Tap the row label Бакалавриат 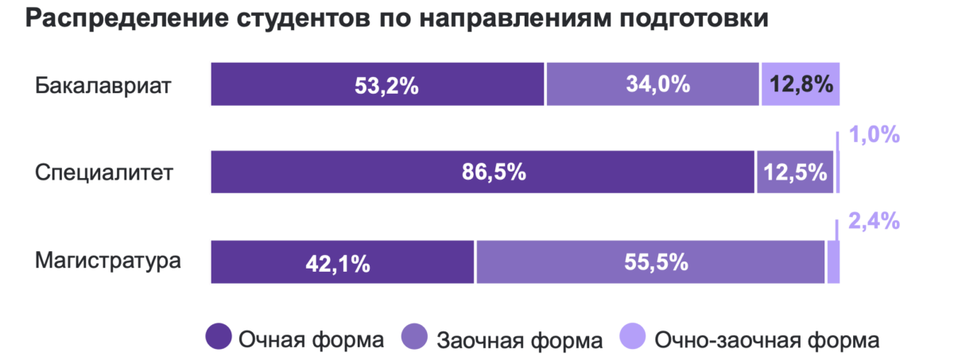[103, 84]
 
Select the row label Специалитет [103, 172]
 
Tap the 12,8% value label [801, 84]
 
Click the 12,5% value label [796, 172]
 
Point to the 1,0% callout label [874, 136]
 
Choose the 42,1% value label [338, 262]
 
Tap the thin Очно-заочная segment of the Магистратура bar [833, 261]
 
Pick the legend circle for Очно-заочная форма [634, 337]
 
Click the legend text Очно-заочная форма [766, 340]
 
